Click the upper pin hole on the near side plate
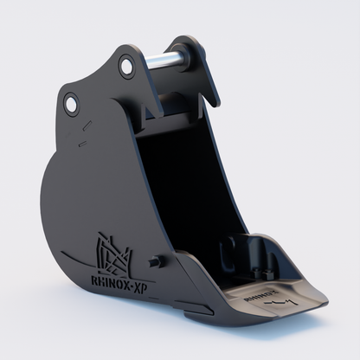tap(127, 66)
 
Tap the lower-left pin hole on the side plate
tap(70, 106)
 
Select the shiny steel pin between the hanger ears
tap(166, 61)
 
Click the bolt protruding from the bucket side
tap(154, 260)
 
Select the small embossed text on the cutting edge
tap(260, 292)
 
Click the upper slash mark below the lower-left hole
tap(84, 126)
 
